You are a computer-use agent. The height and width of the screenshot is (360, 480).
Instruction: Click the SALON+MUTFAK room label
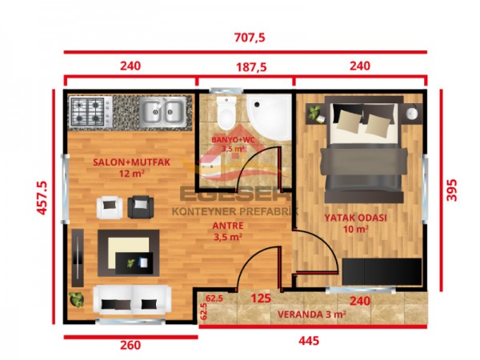[x=122, y=162]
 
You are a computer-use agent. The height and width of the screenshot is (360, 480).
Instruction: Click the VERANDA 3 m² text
[x=312, y=315]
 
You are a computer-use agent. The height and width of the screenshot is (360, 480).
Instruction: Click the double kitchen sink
[x=163, y=111]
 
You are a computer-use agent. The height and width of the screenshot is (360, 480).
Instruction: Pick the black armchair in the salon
[x=140, y=206]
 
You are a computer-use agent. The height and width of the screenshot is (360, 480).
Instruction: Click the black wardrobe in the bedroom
[x=381, y=270]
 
